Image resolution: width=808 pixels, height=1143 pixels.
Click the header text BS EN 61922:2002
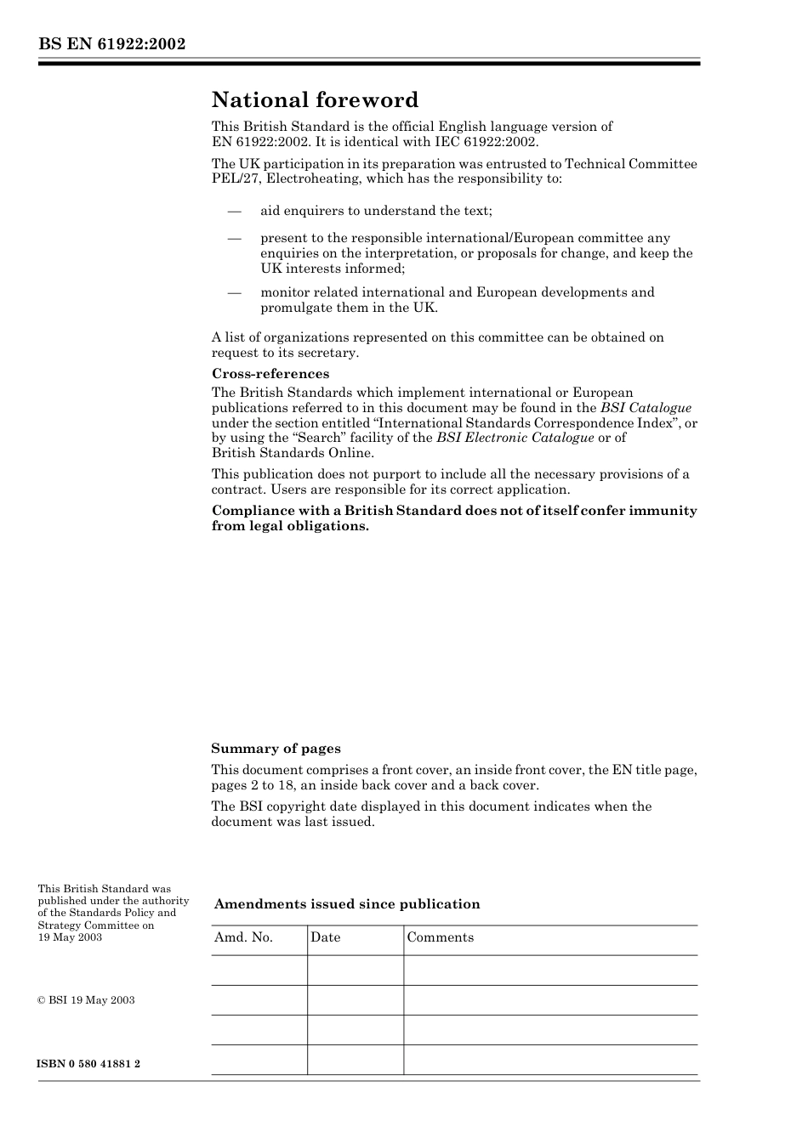click(111, 44)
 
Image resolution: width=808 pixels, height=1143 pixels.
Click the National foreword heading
click(315, 100)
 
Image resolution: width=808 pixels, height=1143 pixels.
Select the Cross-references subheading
click(270, 374)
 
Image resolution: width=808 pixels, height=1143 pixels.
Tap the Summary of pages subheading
click(276, 749)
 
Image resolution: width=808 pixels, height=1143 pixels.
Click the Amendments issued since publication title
click(347, 904)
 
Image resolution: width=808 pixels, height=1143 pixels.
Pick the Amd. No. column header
click(243, 937)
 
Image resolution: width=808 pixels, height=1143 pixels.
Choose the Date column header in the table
click(325, 937)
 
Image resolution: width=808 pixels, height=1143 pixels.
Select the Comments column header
click(440, 937)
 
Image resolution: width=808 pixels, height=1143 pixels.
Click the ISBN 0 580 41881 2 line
click(89, 1064)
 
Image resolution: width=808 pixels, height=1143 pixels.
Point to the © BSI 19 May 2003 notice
click(86, 1000)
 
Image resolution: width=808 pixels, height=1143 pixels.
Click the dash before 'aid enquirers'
click(234, 211)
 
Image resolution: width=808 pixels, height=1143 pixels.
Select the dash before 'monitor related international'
click(234, 292)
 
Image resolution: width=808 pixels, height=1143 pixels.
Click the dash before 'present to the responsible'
click(234, 239)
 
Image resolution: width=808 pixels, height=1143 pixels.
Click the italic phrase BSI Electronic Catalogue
click(515, 438)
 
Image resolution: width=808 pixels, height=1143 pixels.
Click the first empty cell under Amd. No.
click(259, 970)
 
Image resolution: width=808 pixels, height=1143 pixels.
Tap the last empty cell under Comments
click(549, 1060)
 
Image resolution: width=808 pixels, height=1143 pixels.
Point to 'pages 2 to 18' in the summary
click(251, 785)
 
